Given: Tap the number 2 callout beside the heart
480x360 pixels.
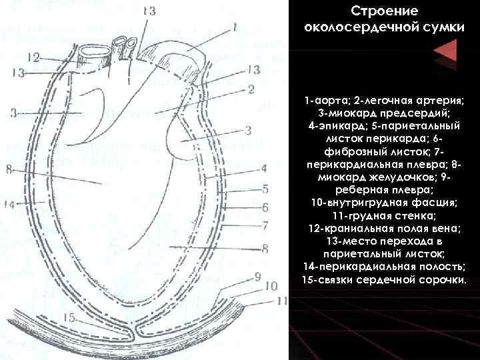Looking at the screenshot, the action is pyautogui.click(x=251, y=89).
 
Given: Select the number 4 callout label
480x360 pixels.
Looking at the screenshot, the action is pyautogui.click(x=264, y=168).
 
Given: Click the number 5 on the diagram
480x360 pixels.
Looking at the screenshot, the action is pyautogui.click(x=265, y=189).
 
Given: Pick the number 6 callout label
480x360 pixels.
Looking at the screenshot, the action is pyautogui.click(x=265, y=207).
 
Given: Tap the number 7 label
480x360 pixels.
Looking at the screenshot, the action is pyautogui.click(x=265, y=225).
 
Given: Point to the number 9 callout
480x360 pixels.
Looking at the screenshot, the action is pyautogui.click(x=257, y=275).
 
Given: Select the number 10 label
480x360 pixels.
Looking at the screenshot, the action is pyautogui.click(x=270, y=287).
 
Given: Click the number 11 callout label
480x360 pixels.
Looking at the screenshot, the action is pyautogui.click(x=281, y=301).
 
